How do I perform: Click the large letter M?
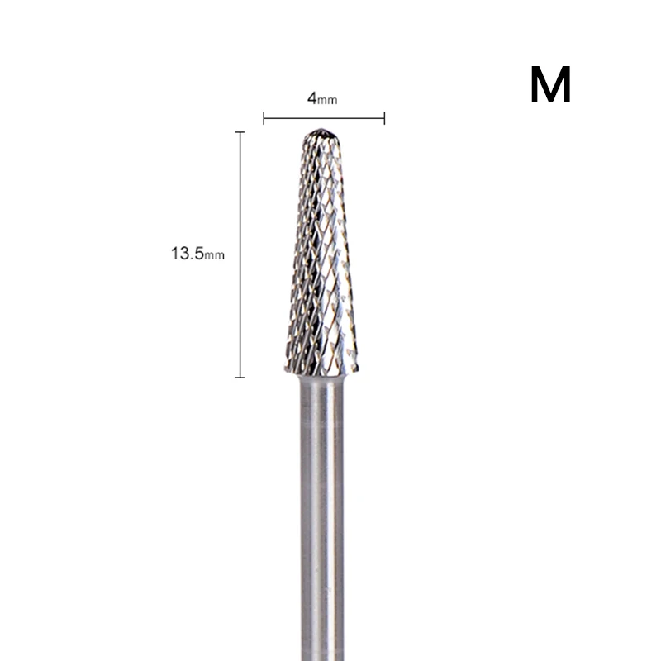(x=550, y=84)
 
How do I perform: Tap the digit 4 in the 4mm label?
(x=312, y=98)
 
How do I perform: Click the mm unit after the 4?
(x=327, y=100)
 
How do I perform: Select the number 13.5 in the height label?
(x=188, y=254)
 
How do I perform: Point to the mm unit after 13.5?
(x=215, y=255)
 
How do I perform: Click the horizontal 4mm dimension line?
(x=324, y=118)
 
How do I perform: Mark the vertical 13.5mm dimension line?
(x=240, y=254)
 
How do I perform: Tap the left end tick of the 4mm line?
(x=264, y=118)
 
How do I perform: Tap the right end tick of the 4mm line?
(x=384, y=118)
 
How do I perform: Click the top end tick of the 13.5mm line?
(x=240, y=132)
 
